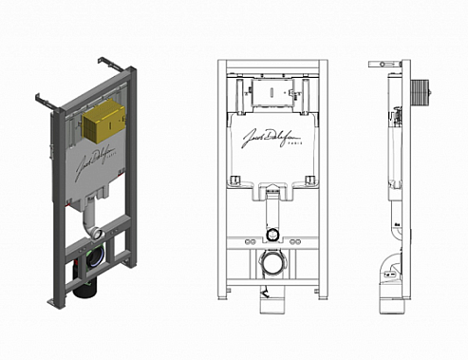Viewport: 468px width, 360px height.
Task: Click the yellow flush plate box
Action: point(103,121)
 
